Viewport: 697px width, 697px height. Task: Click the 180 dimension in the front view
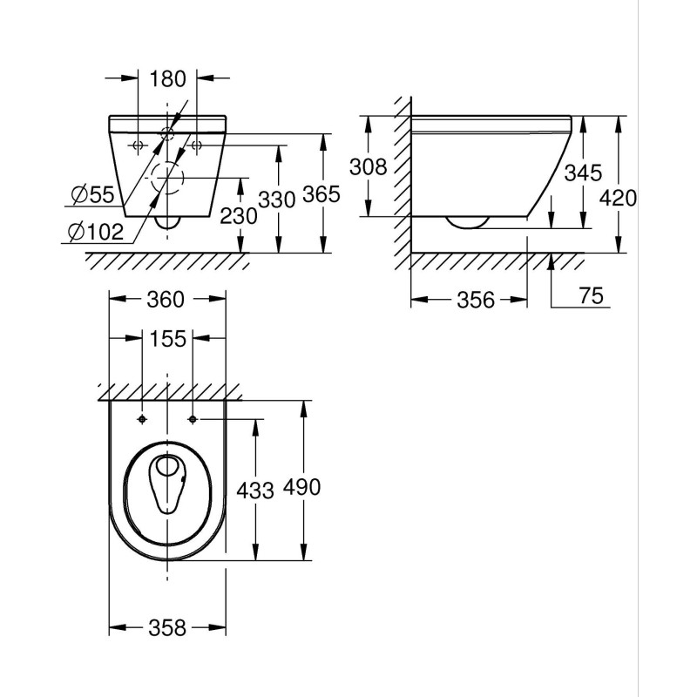(x=168, y=79)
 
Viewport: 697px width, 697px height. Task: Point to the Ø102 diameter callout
(x=93, y=232)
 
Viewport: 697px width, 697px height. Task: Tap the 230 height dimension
(x=239, y=215)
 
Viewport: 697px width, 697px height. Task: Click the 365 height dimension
(x=321, y=196)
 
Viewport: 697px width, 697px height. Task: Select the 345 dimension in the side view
(x=581, y=173)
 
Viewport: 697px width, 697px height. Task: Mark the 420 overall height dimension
(x=618, y=198)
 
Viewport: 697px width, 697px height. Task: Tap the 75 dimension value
(x=592, y=296)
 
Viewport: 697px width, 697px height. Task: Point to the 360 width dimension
(x=165, y=300)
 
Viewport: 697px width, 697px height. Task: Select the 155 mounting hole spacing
(x=167, y=339)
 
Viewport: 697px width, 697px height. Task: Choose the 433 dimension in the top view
(x=255, y=490)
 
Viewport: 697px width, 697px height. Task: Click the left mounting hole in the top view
(x=142, y=419)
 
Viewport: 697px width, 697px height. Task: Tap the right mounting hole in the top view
(x=192, y=419)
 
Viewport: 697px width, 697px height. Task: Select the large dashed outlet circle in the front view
(x=166, y=179)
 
